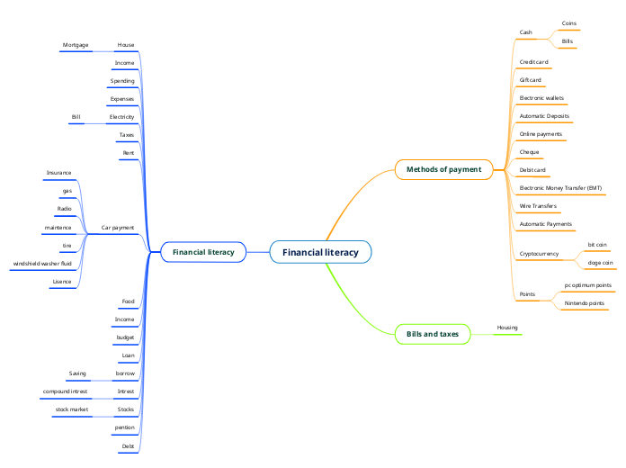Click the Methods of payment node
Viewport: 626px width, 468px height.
(x=443, y=169)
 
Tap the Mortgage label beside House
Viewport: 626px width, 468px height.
(x=76, y=44)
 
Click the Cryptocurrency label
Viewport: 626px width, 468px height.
(x=539, y=254)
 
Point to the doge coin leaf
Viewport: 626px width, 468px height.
(x=600, y=263)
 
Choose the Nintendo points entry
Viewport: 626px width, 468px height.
(x=584, y=303)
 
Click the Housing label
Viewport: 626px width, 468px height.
(x=507, y=328)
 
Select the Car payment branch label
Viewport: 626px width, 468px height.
(x=118, y=228)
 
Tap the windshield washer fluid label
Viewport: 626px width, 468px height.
(x=42, y=263)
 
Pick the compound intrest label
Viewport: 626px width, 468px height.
(x=65, y=391)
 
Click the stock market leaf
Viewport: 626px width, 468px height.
(x=72, y=409)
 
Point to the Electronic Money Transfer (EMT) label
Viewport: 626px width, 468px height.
(x=560, y=188)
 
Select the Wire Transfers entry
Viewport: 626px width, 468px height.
(x=538, y=206)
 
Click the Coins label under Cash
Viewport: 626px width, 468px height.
(x=569, y=22)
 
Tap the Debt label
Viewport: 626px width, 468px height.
(x=128, y=445)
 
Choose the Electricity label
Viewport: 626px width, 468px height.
(x=121, y=117)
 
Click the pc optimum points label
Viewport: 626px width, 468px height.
(x=587, y=285)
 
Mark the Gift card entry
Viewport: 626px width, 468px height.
(x=531, y=80)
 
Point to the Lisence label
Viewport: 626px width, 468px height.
(x=62, y=282)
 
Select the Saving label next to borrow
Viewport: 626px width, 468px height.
(x=77, y=373)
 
